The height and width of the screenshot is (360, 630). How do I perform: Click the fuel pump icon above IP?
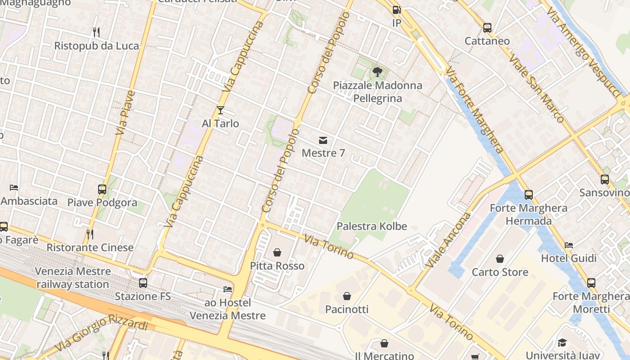[396, 10]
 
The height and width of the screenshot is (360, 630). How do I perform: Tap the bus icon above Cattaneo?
[487, 28]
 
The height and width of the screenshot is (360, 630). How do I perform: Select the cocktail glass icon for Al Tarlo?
[220, 110]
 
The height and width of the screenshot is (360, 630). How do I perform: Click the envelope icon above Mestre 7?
[323, 140]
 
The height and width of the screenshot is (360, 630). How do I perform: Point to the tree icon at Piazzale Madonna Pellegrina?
[378, 72]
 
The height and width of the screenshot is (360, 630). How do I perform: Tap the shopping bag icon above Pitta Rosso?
[277, 252]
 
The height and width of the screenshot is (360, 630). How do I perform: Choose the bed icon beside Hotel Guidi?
[569, 245]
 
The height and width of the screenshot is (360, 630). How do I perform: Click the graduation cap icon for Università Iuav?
[562, 343]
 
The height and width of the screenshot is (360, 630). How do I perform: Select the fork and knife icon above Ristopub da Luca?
[96, 32]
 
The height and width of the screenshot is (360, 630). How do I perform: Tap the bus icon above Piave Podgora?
[102, 189]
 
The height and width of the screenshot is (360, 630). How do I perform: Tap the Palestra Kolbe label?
[372, 226]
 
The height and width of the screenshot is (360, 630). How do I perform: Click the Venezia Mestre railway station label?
[72, 278]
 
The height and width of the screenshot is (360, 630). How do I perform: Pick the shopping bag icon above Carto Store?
[499, 259]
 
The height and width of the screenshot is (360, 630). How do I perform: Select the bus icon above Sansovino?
[605, 180]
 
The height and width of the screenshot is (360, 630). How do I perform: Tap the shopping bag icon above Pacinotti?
[346, 296]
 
